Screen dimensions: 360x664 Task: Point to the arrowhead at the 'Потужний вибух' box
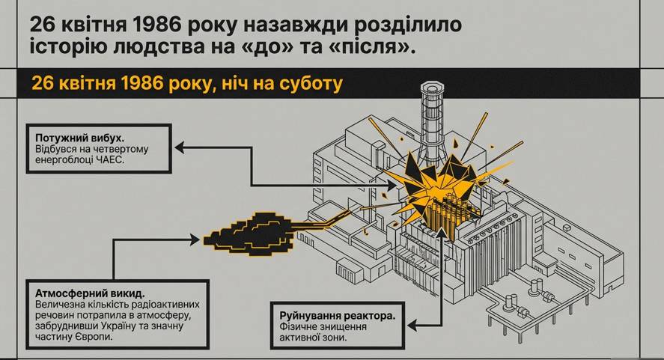(180, 149)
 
